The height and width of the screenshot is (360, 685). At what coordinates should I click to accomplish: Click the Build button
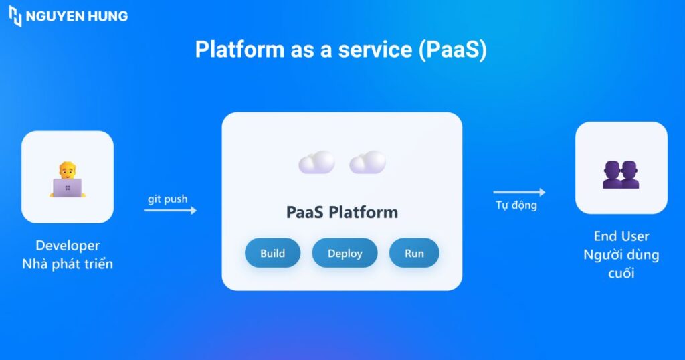point(272,253)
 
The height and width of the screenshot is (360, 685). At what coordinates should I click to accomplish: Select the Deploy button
point(345,253)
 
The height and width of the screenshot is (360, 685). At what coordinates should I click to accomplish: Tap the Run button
point(414,253)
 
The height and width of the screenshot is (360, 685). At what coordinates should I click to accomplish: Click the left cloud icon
point(316,163)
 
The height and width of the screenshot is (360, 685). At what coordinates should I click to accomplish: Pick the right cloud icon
point(367,163)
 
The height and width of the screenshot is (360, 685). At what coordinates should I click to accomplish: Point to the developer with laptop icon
point(68,179)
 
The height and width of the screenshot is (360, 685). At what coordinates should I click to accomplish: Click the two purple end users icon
point(621,175)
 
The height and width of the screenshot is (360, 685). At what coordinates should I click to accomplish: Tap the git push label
point(168,199)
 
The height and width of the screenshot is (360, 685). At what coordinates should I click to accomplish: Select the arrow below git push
point(171,210)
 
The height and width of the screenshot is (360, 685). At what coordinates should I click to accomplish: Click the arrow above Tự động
point(519,193)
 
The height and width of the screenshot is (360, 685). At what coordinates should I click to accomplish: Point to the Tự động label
point(516,205)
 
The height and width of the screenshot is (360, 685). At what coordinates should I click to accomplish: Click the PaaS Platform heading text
point(342,213)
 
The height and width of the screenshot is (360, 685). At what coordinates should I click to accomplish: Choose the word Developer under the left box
point(68,246)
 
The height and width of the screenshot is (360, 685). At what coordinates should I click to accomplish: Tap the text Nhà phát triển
point(68,264)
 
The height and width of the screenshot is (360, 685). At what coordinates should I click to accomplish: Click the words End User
point(621,236)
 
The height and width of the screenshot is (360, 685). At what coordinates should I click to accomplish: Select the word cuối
point(621,273)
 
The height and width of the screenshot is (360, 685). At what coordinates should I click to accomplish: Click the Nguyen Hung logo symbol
point(15,16)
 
